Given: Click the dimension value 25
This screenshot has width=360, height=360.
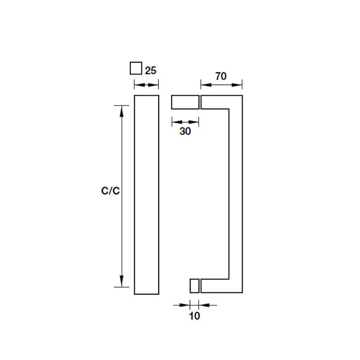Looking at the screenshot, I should point(151,70).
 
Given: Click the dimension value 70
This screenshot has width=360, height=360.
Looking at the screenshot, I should point(220,76).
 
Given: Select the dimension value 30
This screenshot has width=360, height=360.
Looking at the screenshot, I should point(185,131).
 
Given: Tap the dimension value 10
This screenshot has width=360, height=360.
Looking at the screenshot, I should point(194,316).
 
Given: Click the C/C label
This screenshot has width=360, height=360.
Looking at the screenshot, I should point(110,191).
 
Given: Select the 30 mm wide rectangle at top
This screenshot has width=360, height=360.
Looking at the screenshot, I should point(184,102).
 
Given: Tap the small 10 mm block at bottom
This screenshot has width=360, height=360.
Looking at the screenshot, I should point(194,286).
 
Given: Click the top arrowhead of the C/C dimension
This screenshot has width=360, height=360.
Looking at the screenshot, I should point(121,110).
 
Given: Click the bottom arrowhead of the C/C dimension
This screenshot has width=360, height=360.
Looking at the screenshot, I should point(121,282).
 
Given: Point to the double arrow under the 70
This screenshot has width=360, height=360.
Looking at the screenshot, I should point(221,84).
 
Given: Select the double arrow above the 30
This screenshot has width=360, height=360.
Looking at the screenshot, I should point(185,121).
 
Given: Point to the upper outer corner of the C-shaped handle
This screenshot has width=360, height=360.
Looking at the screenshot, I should point(242,96).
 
